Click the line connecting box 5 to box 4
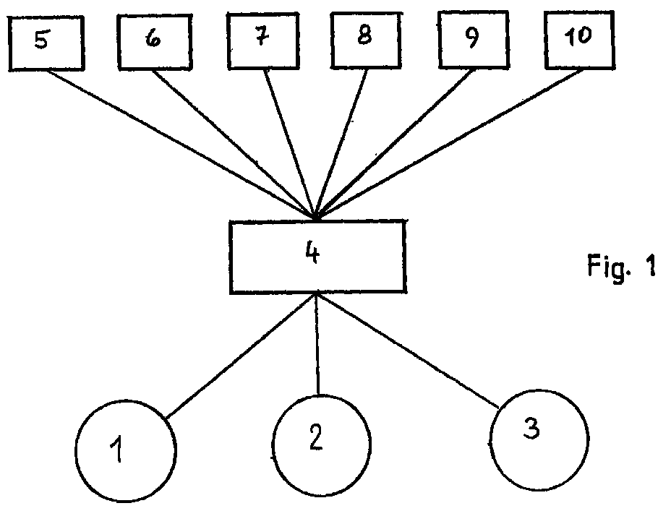181,145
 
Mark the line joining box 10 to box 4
449,144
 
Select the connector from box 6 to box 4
234,145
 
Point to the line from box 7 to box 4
290,144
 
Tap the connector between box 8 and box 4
341,144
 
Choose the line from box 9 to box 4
395,144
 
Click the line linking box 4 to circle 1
242,356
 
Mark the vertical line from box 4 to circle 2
317,344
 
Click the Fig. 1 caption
621,267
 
